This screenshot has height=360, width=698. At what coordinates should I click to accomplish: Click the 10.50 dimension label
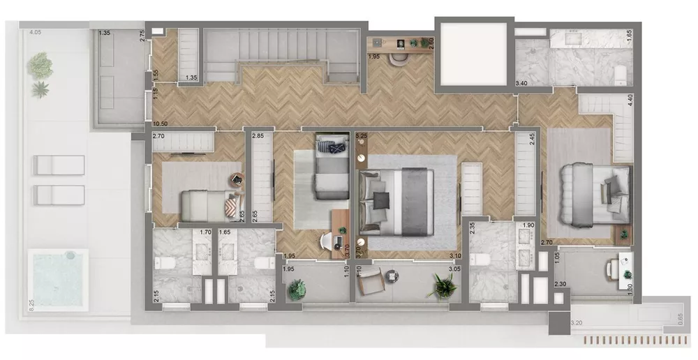pyautogui.click(x=160, y=125)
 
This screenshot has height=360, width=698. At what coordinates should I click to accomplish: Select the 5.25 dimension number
pyautogui.click(x=362, y=136)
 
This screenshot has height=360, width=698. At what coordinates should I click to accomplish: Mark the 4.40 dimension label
pyautogui.click(x=630, y=100)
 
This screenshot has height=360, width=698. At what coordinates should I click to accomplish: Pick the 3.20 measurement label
pyautogui.click(x=577, y=324)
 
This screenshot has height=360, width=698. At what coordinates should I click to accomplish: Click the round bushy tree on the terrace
pyautogui.click(x=40, y=65)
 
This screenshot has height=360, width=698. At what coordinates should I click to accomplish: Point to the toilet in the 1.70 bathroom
pyautogui.click(x=160, y=264)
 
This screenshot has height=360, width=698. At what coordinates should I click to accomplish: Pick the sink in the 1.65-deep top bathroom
pyautogui.click(x=576, y=38)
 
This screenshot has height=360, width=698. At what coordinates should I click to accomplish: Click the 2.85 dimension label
pyautogui.click(x=258, y=136)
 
